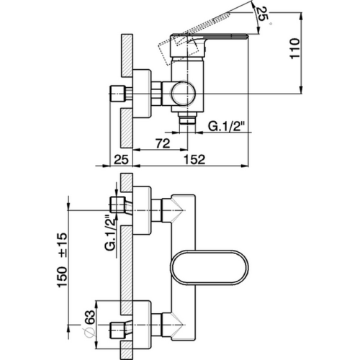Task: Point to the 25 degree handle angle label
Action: pos(262,14)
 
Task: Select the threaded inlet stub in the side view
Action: pos(117,93)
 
